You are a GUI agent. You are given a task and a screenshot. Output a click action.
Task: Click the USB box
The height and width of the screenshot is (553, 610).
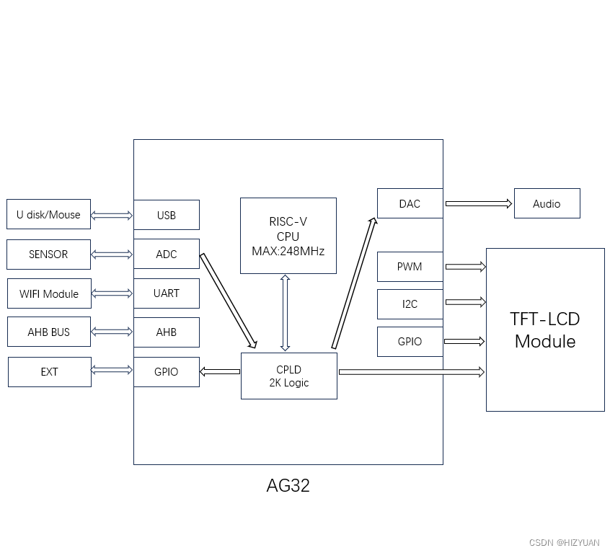coord(166,215)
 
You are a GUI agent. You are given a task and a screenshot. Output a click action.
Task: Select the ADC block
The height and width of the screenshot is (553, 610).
coord(166,254)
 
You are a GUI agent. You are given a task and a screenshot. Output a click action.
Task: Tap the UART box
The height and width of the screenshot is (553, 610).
coord(166,293)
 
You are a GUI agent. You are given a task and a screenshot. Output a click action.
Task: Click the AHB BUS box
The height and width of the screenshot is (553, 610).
coord(49,332)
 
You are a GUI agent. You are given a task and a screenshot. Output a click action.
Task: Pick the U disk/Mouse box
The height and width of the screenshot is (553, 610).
coord(48,214)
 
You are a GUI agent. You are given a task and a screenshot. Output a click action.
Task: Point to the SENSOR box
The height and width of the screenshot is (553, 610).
coord(48,255)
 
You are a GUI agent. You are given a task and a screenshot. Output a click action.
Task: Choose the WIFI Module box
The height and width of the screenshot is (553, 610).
coord(49,293)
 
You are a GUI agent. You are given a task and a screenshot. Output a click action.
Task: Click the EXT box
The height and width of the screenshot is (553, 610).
coord(49,372)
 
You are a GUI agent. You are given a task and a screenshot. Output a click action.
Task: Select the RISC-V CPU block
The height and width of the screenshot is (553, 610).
coord(288,236)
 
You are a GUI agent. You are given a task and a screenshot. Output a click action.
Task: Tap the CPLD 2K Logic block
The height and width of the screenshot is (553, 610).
coord(288,376)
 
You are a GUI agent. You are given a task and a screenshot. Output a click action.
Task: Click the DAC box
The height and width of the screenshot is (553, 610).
coord(410,203)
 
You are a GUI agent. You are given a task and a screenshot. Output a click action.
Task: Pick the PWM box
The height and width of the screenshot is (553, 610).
coord(410,267)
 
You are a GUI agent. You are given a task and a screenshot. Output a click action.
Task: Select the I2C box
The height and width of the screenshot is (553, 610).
coord(410,304)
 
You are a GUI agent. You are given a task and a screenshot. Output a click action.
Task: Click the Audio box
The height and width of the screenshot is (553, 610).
coord(547,204)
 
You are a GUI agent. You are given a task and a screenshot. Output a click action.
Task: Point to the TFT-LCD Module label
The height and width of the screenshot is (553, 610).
coord(545,330)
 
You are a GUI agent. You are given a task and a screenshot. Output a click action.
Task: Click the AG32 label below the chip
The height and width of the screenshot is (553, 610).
coord(288,485)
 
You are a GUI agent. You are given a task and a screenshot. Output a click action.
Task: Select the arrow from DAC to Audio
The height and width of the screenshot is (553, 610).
coord(478,204)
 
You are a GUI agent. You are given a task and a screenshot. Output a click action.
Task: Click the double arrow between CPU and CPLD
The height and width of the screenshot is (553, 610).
coord(286,313)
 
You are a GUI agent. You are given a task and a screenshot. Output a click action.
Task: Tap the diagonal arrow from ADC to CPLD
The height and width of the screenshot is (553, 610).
coord(228,300)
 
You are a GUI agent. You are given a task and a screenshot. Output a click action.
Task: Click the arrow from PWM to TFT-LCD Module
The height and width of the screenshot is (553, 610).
coord(465,267)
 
